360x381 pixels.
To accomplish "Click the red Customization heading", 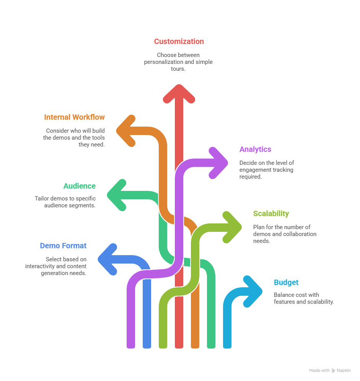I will click(x=179, y=41).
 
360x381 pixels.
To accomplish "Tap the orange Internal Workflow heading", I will click(x=74, y=117).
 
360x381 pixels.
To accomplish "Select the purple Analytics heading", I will click(x=255, y=149).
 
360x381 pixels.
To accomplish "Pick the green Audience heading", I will click(x=80, y=186).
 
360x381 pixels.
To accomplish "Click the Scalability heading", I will click(x=271, y=213).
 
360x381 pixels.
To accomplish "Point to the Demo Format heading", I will click(x=63, y=246).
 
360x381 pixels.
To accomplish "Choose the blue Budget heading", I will click(x=286, y=282).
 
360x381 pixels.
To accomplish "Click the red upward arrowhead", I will click(x=179, y=93).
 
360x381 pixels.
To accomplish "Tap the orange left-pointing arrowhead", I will click(x=126, y=130).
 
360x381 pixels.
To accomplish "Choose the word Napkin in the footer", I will click(x=344, y=371).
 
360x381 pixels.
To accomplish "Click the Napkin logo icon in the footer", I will click(x=334, y=371).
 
